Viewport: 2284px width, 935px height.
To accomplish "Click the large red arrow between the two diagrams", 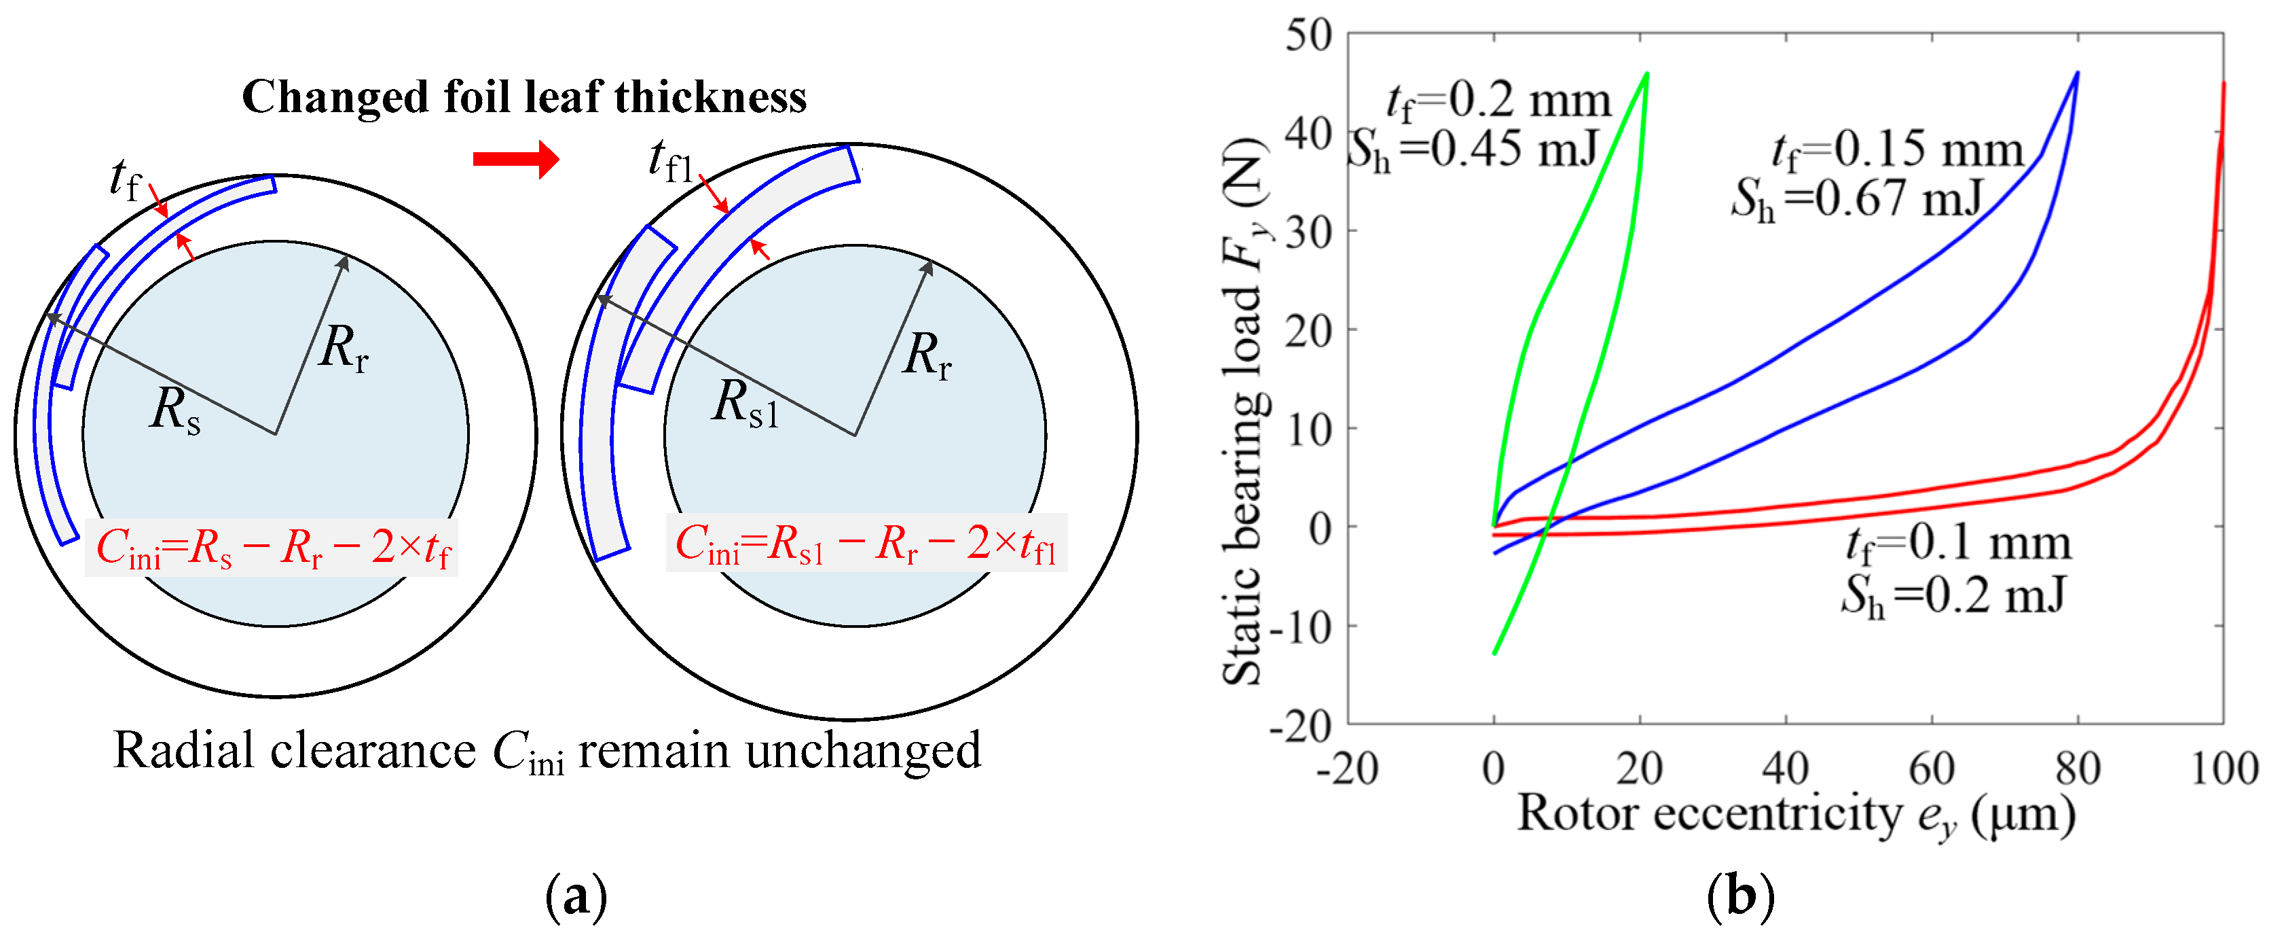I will click(515, 160).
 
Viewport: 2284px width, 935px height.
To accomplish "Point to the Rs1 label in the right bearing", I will click(745, 403).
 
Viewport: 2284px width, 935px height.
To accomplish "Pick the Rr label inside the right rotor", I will click(927, 355).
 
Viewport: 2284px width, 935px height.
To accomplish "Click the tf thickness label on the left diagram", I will click(124, 180).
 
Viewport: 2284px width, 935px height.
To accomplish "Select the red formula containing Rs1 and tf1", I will click(866, 544).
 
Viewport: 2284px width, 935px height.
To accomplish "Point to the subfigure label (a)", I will click(576, 897).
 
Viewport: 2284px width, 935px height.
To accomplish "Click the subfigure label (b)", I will click(1740, 897).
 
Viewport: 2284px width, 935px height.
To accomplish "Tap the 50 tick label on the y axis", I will click(1309, 37).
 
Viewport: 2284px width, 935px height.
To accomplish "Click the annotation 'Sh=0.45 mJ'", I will click(1473, 149).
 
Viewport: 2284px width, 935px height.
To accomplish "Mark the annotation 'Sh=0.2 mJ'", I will click(1954, 595).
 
